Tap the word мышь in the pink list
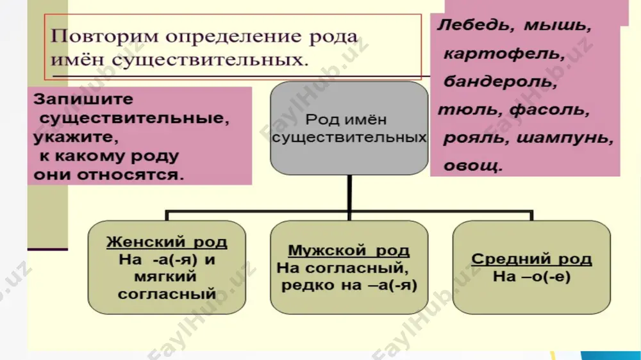[x=558, y=26]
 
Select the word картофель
[x=504, y=54]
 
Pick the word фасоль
[x=550, y=110]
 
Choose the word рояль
[x=476, y=138]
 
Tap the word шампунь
[x=565, y=138]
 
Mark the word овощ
[x=473, y=166]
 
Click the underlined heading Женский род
[x=167, y=242]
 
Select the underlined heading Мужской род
[x=349, y=250]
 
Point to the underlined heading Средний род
[x=531, y=259]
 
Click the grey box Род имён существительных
[x=349, y=128]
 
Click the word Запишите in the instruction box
[x=83, y=99]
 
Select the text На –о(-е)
[x=531, y=277]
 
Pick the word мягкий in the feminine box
[x=165, y=277]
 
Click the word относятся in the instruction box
[x=130, y=175]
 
